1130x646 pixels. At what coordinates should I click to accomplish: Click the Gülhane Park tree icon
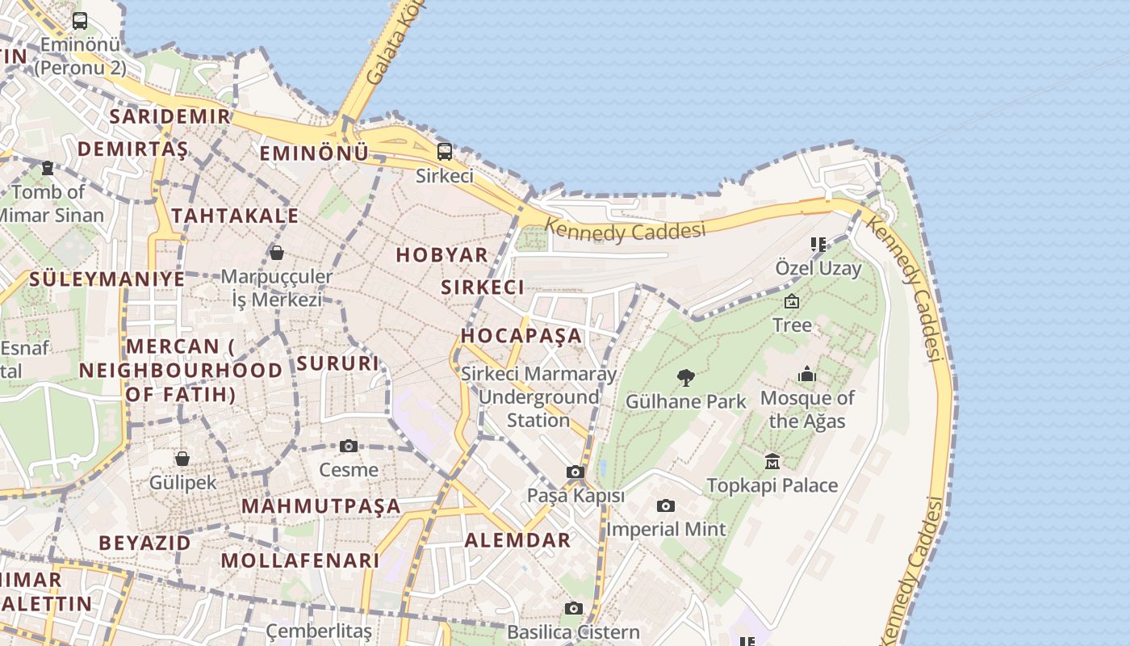[x=686, y=377]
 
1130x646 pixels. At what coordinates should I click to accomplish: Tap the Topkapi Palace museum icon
[x=772, y=461]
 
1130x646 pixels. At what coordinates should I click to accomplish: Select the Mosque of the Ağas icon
[x=807, y=374]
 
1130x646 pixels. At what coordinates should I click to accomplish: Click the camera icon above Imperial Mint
[x=665, y=506]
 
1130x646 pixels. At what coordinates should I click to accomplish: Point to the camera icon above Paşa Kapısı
[x=575, y=472]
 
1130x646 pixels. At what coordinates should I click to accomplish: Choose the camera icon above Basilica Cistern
[x=574, y=608]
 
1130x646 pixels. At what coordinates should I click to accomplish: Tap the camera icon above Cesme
[x=348, y=446]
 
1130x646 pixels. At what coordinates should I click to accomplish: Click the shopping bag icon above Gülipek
[x=182, y=459]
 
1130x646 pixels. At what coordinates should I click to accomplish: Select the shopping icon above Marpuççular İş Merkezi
[x=277, y=253]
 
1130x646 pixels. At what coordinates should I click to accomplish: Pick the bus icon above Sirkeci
[x=444, y=152]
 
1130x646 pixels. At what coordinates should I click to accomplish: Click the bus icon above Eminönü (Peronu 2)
[x=80, y=21]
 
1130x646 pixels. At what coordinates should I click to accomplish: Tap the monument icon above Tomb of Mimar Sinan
[x=48, y=168]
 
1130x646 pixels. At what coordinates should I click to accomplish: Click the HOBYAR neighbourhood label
[x=442, y=255]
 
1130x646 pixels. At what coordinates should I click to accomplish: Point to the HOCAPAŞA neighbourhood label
[x=521, y=335]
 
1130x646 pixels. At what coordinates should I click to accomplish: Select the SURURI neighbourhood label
[x=337, y=363]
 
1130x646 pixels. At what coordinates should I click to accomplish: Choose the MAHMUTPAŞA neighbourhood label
[x=321, y=506]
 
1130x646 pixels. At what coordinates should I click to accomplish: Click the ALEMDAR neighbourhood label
[x=517, y=540]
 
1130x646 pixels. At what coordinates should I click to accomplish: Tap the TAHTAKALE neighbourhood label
[x=235, y=216]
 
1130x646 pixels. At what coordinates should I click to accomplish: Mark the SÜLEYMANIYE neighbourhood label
[x=107, y=279]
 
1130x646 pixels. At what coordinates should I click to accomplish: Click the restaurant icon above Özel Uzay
[x=818, y=244]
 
